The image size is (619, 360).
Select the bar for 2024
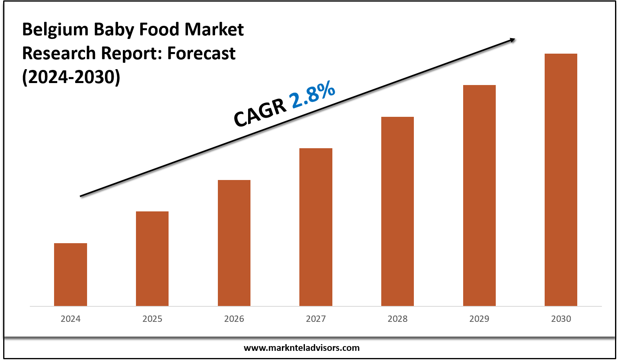70,274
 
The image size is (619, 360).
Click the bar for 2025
152,258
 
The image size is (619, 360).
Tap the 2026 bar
234,243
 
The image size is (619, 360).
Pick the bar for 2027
316,227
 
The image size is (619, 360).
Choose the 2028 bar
398,211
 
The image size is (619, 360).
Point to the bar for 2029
479,195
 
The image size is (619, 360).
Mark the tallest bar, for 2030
561,180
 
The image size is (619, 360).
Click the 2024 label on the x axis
70,319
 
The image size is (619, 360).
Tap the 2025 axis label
152,319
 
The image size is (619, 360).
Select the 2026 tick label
234,319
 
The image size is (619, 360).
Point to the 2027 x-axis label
316,319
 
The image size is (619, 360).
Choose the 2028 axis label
398,319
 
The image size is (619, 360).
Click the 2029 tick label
479,319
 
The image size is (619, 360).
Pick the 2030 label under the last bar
561,319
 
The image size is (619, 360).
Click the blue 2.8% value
313,95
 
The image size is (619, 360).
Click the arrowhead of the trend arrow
513,39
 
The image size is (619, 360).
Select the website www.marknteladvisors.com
301,348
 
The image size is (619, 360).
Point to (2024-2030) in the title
71,77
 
